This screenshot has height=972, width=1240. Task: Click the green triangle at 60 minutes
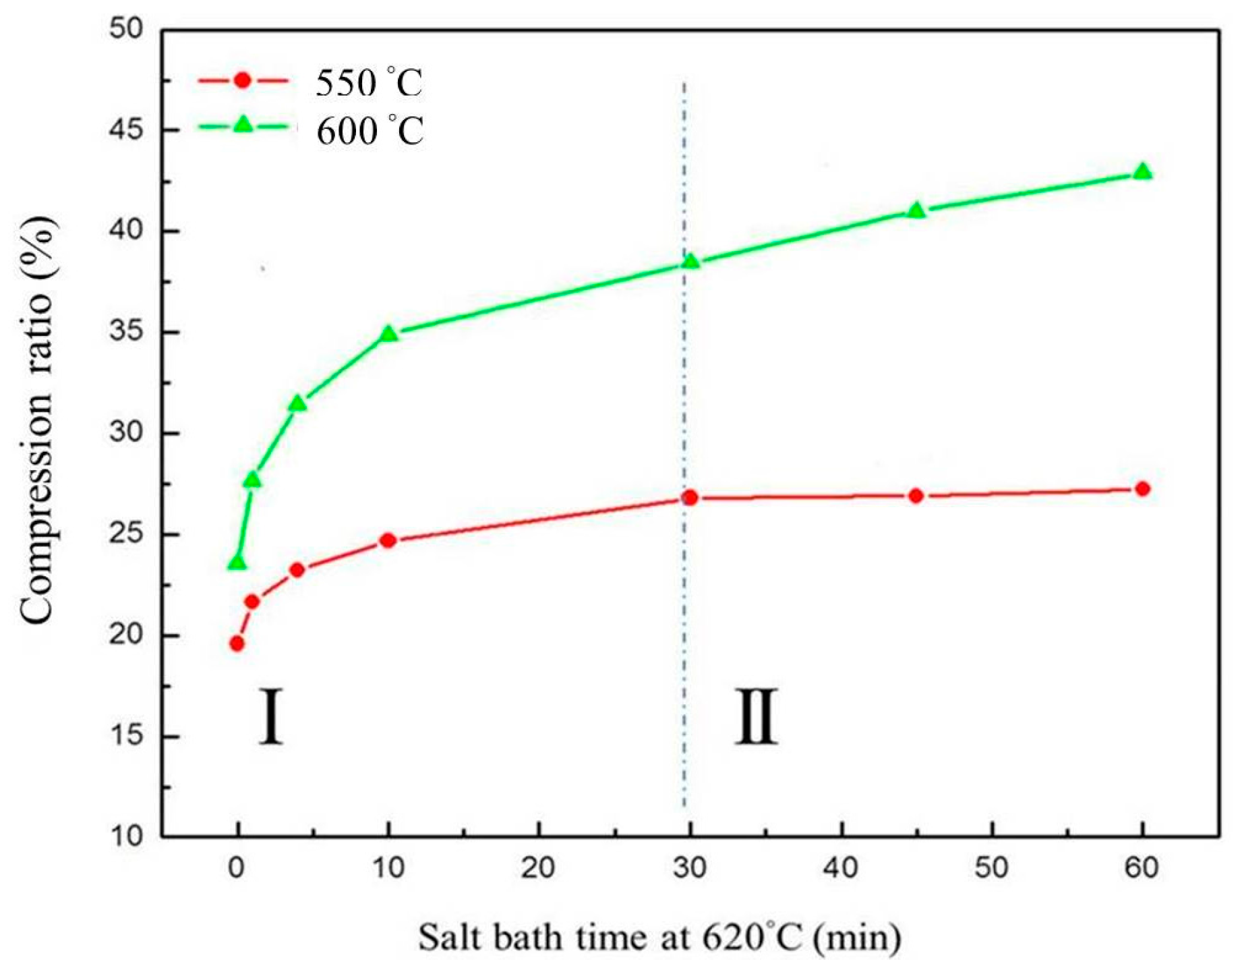pos(1142,171)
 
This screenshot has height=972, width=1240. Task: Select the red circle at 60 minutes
pos(1142,488)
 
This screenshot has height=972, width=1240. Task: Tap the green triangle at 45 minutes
pos(916,210)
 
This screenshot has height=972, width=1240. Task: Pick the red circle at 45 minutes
pos(916,496)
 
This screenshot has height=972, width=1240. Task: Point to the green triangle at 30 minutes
pos(690,261)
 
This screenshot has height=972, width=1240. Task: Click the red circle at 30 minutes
pos(690,498)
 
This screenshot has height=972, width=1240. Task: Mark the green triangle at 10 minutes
pos(388,333)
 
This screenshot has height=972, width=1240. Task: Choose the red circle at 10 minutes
pos(388,540)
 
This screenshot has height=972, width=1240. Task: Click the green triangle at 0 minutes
pos(237,563)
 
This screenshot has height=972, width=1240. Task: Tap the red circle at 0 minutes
pos(237,644)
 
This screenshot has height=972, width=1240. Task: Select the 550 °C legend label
pos(369,84)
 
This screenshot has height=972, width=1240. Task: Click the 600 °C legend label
pos(370,131)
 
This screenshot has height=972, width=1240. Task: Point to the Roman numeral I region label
pos(271,716)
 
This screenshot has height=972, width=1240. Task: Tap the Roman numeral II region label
pos(756,716)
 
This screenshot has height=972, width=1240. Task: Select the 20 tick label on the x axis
pos(538,868)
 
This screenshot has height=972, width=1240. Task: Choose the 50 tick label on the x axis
pos(991,868)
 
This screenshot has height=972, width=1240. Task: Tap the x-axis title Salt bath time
pos(659,938)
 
